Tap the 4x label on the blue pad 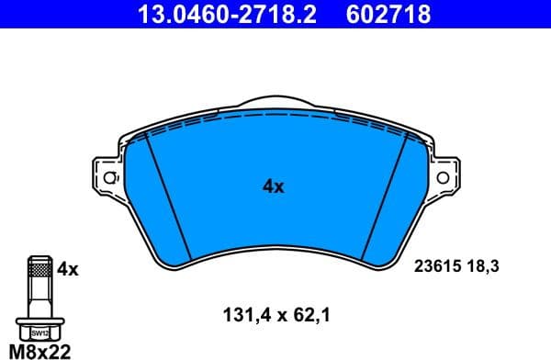pyautogui.click(x=274, y=186)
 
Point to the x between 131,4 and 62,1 pyautogui.click(x=275, y=316)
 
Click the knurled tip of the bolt pyautogui.click(x=39, y=268)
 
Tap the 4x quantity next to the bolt pyautogui.click(x=69, y=270)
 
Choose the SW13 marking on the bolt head pyautogui.click(x=39, y=333)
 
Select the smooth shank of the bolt pyautogui.click(x=39, y=298)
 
